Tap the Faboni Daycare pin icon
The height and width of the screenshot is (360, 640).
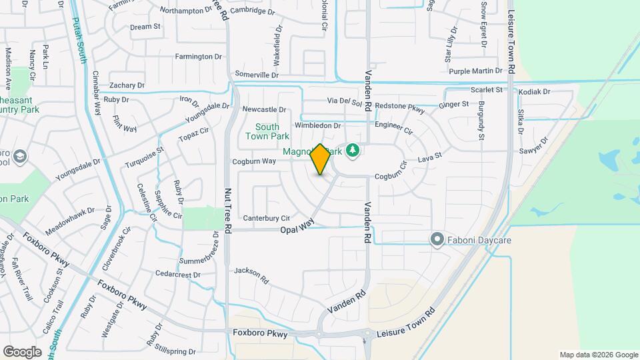(437, 239)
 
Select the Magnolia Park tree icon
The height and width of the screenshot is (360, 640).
(352, 151)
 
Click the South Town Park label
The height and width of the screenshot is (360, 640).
(267, 131)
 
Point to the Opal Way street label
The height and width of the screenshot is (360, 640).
(297, 228)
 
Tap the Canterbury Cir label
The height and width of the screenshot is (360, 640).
(267, 218)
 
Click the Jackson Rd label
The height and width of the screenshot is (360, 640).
(251, 274)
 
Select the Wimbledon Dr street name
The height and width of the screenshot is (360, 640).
(318, 125)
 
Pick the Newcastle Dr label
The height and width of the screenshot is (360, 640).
(264, 109)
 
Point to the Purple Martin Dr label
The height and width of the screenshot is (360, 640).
(475, 71)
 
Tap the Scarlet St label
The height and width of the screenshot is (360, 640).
(486, 90)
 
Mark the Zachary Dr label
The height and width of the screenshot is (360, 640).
(127, 85)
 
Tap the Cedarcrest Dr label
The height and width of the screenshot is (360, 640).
(177, 275)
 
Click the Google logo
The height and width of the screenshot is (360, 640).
(22, 351)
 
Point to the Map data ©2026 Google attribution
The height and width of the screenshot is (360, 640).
(598, 355)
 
